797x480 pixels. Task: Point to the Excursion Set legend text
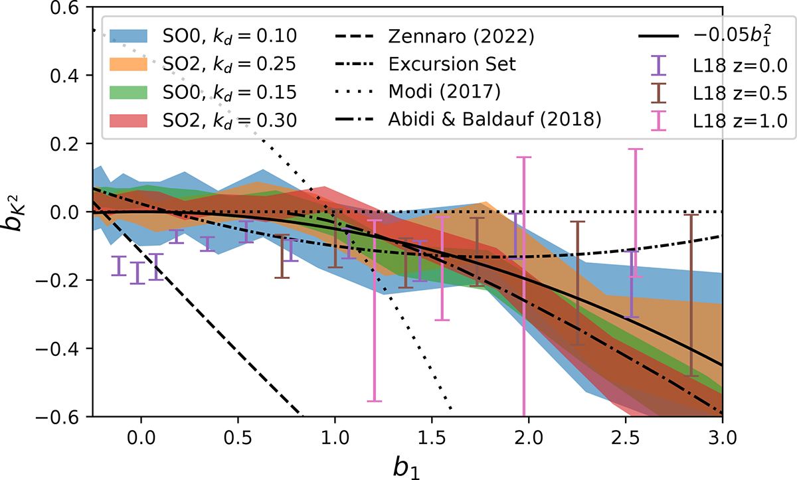coord(444,65)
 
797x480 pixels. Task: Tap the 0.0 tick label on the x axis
coord(140,438)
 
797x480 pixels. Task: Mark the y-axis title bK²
coord(20,211)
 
